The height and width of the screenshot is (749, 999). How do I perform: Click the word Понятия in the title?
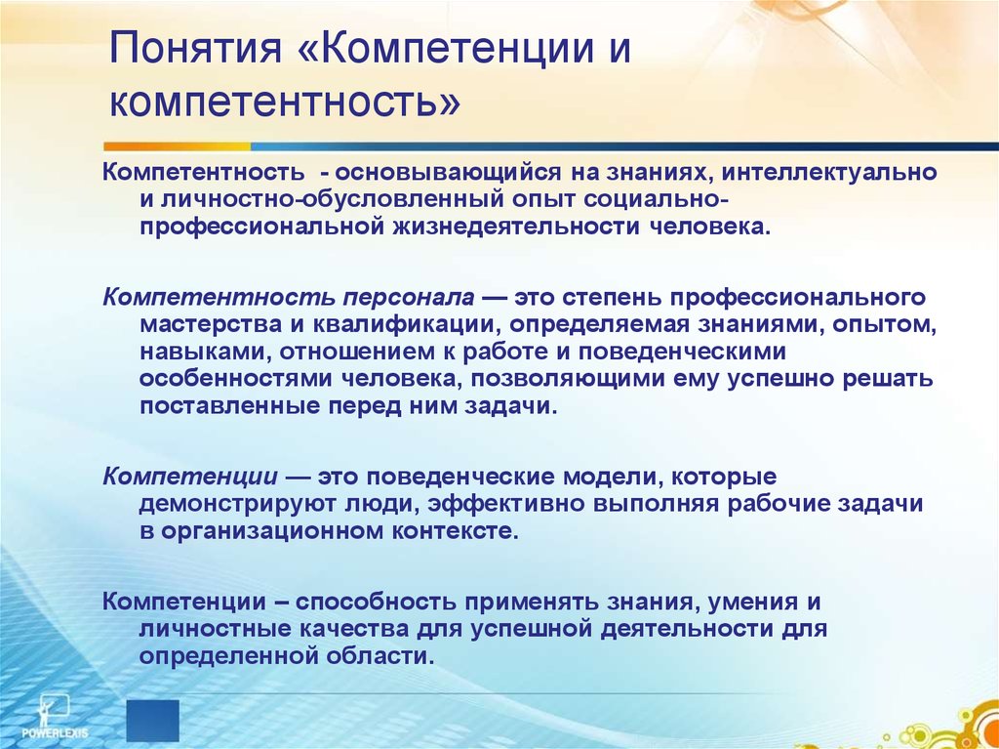195,51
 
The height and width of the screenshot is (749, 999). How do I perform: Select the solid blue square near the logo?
153,721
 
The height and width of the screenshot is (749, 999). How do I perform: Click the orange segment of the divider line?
178,146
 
